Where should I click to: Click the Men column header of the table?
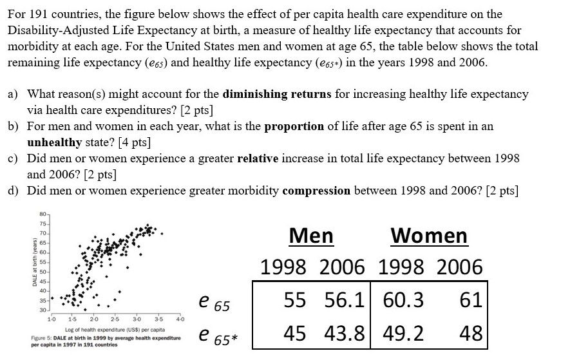[311, 236]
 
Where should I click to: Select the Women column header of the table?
[429, 236]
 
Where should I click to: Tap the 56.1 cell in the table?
[348, 300]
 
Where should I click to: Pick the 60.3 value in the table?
[403, 300]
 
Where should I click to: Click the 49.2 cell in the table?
[403, 334]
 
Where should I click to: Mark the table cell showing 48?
[471, 334]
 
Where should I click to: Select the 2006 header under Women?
[456, 267]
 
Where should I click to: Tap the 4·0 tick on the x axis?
[180, 319]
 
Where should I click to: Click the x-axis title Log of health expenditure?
[91, 329]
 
